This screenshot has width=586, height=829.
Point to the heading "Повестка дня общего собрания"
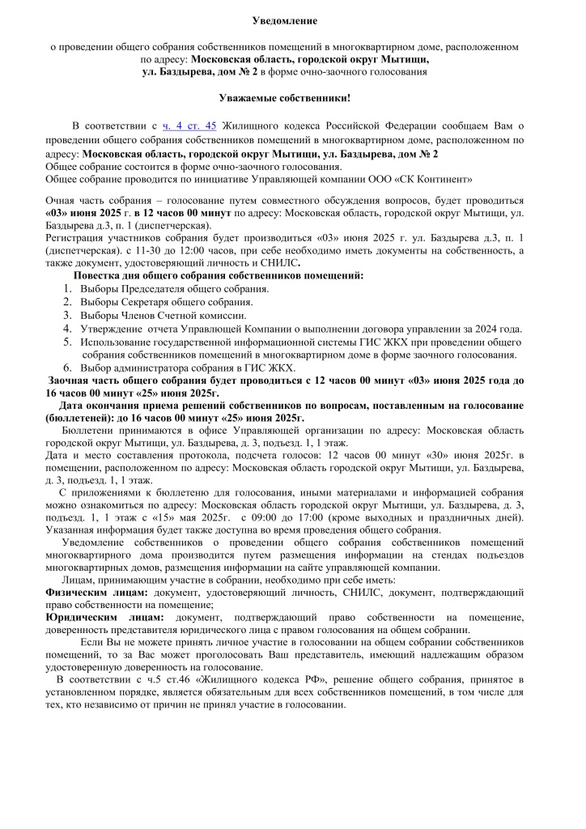pyautogui.click(x=219, y=275)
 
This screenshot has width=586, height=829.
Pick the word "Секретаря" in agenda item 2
pyautogui.click(x=148, y=302)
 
